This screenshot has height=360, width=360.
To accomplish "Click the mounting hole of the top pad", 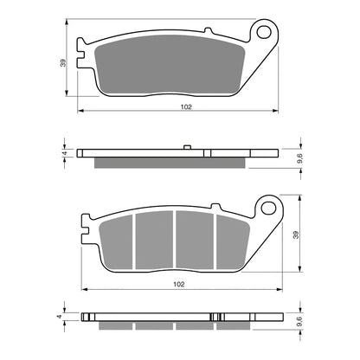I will tap(261, 34).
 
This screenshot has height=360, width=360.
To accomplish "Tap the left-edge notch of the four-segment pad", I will tap(87, 232).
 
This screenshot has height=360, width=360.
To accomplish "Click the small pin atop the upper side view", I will tap(187, 147).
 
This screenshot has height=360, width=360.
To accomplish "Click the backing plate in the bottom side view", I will tap(173, 317).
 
